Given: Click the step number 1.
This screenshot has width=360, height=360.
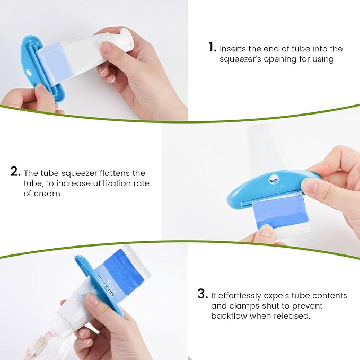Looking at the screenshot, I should click(x=212, y=48).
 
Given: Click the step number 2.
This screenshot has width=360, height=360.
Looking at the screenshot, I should click(x=15, y=172).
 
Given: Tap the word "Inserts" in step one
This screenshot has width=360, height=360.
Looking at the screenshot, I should click(x=234, y=49).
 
